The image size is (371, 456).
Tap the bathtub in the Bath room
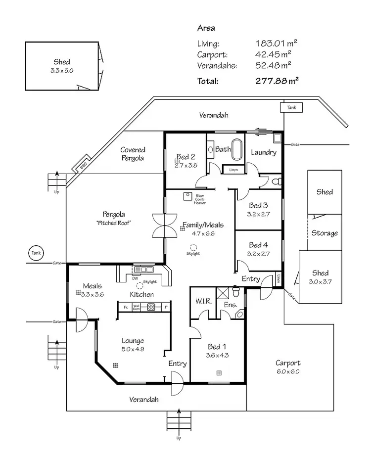(237, 149)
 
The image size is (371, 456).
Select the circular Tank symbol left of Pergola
(36, 253)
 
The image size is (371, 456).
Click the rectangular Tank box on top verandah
(291, 107)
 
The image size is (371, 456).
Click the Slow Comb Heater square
(187, 196)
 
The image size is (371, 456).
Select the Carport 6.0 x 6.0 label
(288, 366)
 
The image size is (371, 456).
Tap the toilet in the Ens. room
(240, 314)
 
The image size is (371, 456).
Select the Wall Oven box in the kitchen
(136, 307)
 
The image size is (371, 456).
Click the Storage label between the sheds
(325, 233)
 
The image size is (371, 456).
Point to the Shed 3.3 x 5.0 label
(62, 66)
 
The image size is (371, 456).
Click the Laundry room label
(263, 152)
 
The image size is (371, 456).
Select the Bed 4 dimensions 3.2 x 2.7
(258, 254)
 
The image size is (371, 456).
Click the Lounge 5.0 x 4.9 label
(133, 344)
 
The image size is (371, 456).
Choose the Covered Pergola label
(133, 154)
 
